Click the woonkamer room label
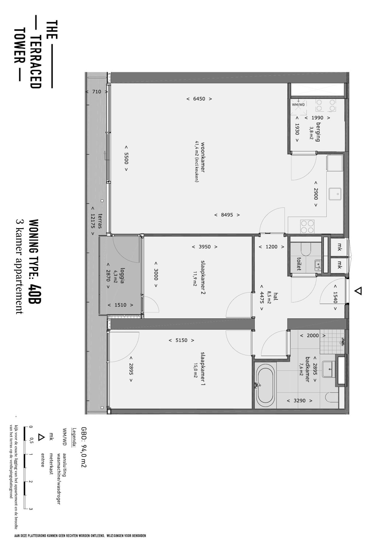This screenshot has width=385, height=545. click(x=203, y=157)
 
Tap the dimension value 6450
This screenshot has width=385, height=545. click(x=199, y=99)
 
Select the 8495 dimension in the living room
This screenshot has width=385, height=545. click(x=227, y=215)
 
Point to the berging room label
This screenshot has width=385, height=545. click(x=318, y=132)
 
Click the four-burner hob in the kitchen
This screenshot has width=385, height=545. click(x=307, y=226)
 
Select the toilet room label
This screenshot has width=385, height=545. click(x=299, y=264)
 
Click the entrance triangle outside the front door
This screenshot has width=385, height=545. click(x=358, y=291)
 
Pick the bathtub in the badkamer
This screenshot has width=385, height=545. click(x=265, y=385)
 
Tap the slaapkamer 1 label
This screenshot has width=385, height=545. click(x=203, y=369)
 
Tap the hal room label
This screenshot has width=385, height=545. click(x=276, y=297)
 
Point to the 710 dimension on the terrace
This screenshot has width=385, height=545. click(x=97, y=92)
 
